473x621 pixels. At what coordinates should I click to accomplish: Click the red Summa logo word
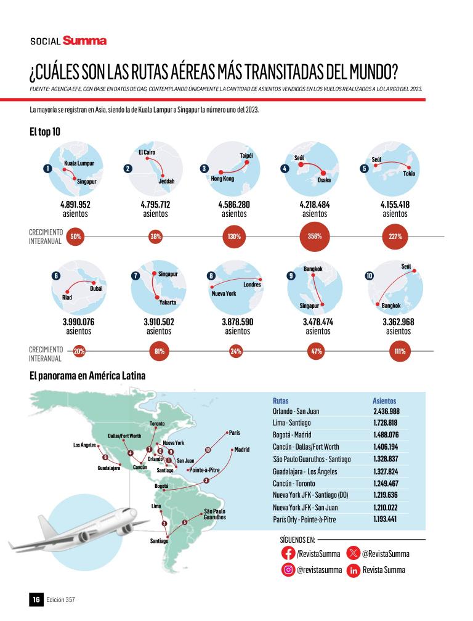84,41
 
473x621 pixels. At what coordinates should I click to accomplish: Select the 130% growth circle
234,237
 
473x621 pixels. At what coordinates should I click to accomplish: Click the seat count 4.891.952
75,205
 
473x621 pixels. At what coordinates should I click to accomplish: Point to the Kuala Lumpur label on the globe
79,164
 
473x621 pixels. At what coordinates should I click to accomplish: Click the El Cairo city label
148,152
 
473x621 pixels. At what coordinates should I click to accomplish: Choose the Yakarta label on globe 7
166,302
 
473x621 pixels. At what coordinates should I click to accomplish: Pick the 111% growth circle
400,352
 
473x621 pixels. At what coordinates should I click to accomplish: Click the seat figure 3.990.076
78,322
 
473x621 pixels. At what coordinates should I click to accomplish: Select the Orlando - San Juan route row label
296,411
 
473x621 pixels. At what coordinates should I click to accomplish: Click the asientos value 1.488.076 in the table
386,435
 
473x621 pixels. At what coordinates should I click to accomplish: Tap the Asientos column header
384,400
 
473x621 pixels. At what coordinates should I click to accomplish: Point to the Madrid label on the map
241,450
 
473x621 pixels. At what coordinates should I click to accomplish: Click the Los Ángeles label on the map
85,445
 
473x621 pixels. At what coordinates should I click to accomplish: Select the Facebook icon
288,553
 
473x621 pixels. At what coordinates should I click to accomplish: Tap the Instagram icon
288,570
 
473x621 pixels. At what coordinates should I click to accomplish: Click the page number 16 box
36,599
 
